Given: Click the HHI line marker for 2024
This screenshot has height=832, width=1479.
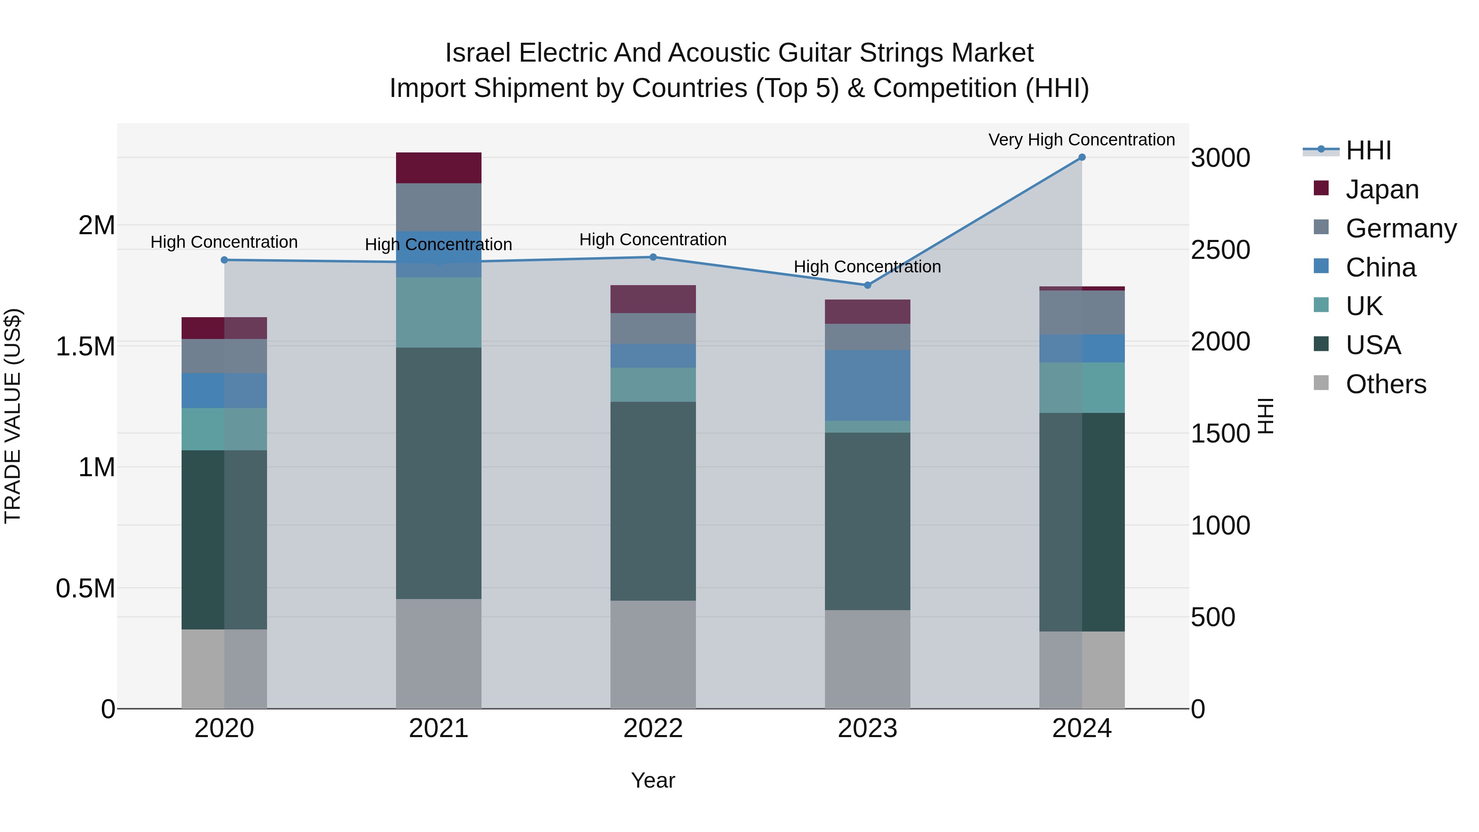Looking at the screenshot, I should coord(1082,157).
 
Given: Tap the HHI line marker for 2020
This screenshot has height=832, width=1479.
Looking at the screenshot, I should coord(224,260).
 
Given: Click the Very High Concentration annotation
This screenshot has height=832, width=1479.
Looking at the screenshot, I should coord(1081,140).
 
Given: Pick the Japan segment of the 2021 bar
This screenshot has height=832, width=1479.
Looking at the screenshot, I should coord(439,168).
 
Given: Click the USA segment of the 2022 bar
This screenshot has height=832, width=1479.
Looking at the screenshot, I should coord(653,501).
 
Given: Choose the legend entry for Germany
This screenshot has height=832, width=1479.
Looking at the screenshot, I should coord(1401,228).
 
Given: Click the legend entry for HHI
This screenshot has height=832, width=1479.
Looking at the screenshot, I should coord(1368,150).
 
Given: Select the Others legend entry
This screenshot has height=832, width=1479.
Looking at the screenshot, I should coord(1385,384).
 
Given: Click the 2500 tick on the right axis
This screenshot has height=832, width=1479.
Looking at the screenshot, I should coord(1220,250).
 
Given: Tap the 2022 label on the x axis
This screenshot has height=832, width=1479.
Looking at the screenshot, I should coord(653,728).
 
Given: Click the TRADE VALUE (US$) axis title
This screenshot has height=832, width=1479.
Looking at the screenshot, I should coord(13,416).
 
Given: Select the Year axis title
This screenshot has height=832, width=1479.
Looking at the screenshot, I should coord(653,780).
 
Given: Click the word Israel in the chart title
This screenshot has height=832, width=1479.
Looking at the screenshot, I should coord(478,53).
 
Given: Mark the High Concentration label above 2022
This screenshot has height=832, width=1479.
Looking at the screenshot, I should coord(653,240).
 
